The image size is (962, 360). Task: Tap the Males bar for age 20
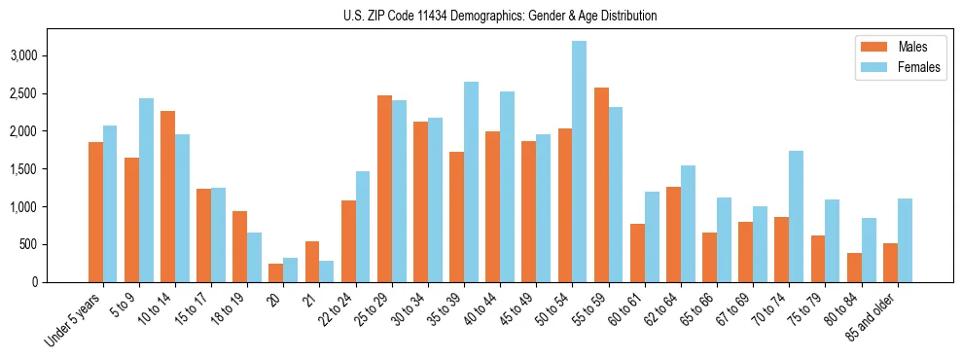[x=276, y=272]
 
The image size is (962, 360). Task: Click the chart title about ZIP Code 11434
[x=500, y=16]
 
